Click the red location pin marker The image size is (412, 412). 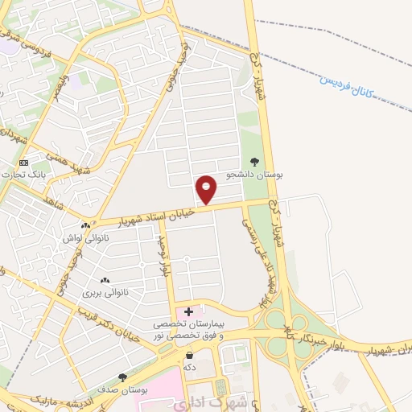(x=206, y=190)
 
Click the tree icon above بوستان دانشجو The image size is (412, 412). (x=256, y=162)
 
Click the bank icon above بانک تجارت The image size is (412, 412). (x=24, y=162)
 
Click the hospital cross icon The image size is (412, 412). (x=189, y=311)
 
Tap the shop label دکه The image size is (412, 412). (x=190, y=368)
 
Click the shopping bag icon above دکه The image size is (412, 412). (x=190, y=356)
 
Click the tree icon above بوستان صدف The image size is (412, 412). (x=122, y=377)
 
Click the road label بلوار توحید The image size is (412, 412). (x=163, y=256)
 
